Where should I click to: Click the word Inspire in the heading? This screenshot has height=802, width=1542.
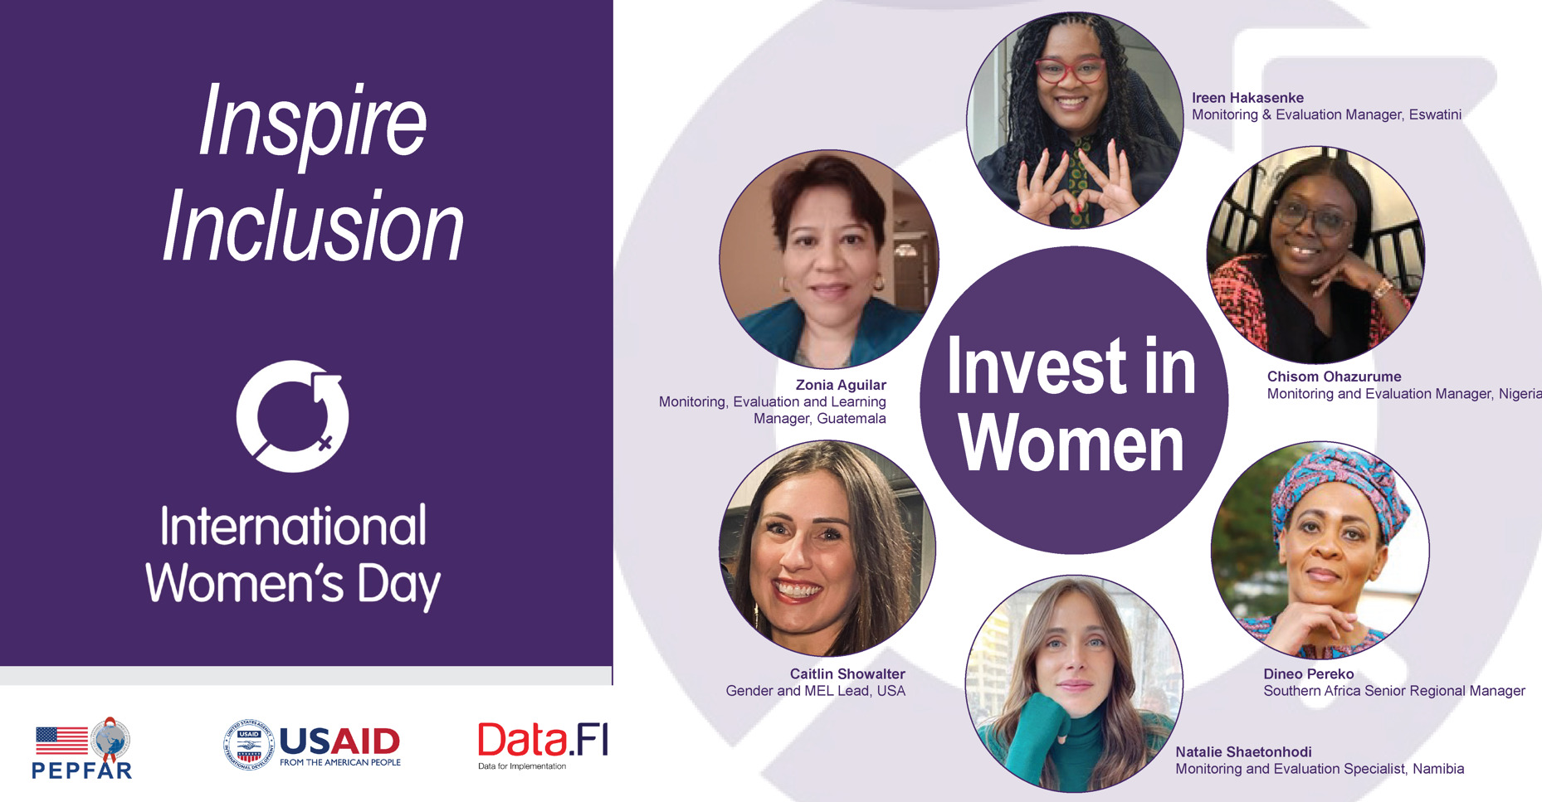click(x=312, y=122)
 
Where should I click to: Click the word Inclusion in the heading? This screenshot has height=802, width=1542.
click(x=312, y=225)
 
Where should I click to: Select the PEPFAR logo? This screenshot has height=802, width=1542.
click(x=81, y=747)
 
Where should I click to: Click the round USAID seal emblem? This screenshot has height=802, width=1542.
click(x=249, y=744)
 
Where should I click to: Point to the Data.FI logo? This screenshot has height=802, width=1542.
click(x=543, y=745)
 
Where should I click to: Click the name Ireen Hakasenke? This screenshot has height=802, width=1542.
click(x=1247, y=98)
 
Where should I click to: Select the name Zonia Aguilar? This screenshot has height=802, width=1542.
click(x=841, y=385)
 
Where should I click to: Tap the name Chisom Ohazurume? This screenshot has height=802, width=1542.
click(x=1334, y=377)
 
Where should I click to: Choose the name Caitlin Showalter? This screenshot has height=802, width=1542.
click(x=847, y=674)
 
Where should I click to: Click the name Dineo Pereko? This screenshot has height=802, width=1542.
click(x=1308, y=674)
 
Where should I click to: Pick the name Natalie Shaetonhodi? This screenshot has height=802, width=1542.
click(x=1243, y=752)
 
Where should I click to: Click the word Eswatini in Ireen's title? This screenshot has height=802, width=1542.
click(x=1435, y=114)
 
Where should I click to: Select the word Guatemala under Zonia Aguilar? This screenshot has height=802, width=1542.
click(x=852, y=419)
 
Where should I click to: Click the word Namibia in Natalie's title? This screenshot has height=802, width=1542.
click(x=1437, y=769)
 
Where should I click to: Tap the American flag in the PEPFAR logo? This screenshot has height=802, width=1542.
click(x=61, y=741)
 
